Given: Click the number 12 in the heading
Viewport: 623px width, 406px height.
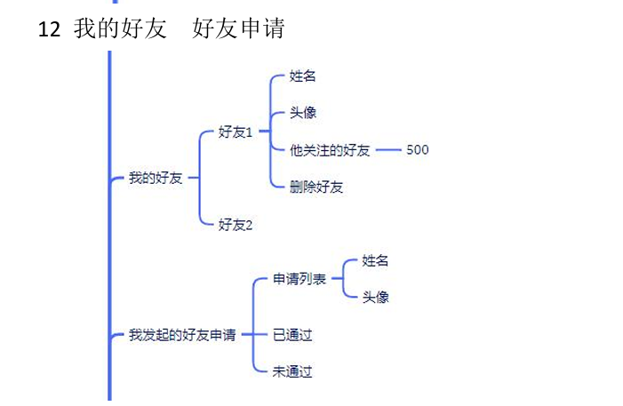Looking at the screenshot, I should pyautogui.click(x=50, y=28).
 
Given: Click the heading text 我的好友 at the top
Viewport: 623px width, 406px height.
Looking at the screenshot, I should pyautogui.click(x=121, y=28).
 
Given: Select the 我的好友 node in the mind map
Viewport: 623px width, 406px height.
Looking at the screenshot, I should pyautogui.click(x=156, y=178).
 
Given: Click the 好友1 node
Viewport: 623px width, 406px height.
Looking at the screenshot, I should pyautogui.click(x=236, y=131).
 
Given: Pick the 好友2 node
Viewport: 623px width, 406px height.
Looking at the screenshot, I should pyautogui.click(x=236, y=225).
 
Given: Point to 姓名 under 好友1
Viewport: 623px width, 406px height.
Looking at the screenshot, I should pyautogui.click(x=302, y=76).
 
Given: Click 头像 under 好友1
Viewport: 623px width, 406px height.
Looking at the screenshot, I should pyautogui.click(x=302, y=113).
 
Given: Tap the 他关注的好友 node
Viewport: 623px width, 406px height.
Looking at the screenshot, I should pyautogui.click(x=330, y=149).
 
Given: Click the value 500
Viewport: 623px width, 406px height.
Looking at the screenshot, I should pyautogui.click(x=417, y=149).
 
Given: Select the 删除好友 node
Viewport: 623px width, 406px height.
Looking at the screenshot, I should pyautogui.click(x=316, y=187).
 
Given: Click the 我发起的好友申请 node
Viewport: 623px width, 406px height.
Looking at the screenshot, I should pyautogui.click(x=182, y=335).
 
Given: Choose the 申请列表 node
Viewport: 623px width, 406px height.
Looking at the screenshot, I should pyautogui.click(x=299, y=279).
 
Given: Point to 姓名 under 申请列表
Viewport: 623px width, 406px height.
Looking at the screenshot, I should pyautogui.click(x=375, y=260).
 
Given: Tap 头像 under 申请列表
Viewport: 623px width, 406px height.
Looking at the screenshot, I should pyautogui.click(x=375, y=297).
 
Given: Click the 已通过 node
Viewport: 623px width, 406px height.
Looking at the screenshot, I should pyautogui.click(x=292, y=335).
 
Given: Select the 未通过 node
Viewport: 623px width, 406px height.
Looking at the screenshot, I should pyautogui.click(x=292, y=372).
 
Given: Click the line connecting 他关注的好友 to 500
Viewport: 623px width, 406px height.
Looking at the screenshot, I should pyautogui.click(x=388, y=150).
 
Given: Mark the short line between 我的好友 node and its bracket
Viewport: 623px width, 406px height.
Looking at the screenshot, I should pyautogui.click(x=193, y=178).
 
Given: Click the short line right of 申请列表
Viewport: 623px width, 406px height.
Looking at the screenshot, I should pyautogui.click(x=336, y=279).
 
